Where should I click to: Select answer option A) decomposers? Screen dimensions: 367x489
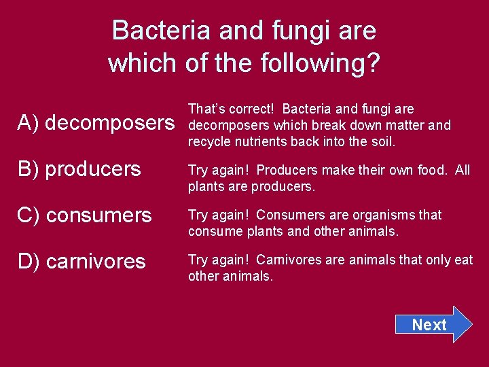click(x=96, y=122)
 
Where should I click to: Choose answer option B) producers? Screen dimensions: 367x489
click(x=79, y=169)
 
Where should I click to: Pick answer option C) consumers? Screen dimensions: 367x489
click(x=84, y=215)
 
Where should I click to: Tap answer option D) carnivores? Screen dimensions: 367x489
click(x=81, y=261)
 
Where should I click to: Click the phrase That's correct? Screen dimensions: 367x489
click(x=231, y=109)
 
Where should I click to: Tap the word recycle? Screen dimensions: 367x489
click(x=209, y=142)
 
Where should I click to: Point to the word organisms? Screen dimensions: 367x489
click(x=384, y=215)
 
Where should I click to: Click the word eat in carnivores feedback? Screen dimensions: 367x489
click(x=464, y=260)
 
